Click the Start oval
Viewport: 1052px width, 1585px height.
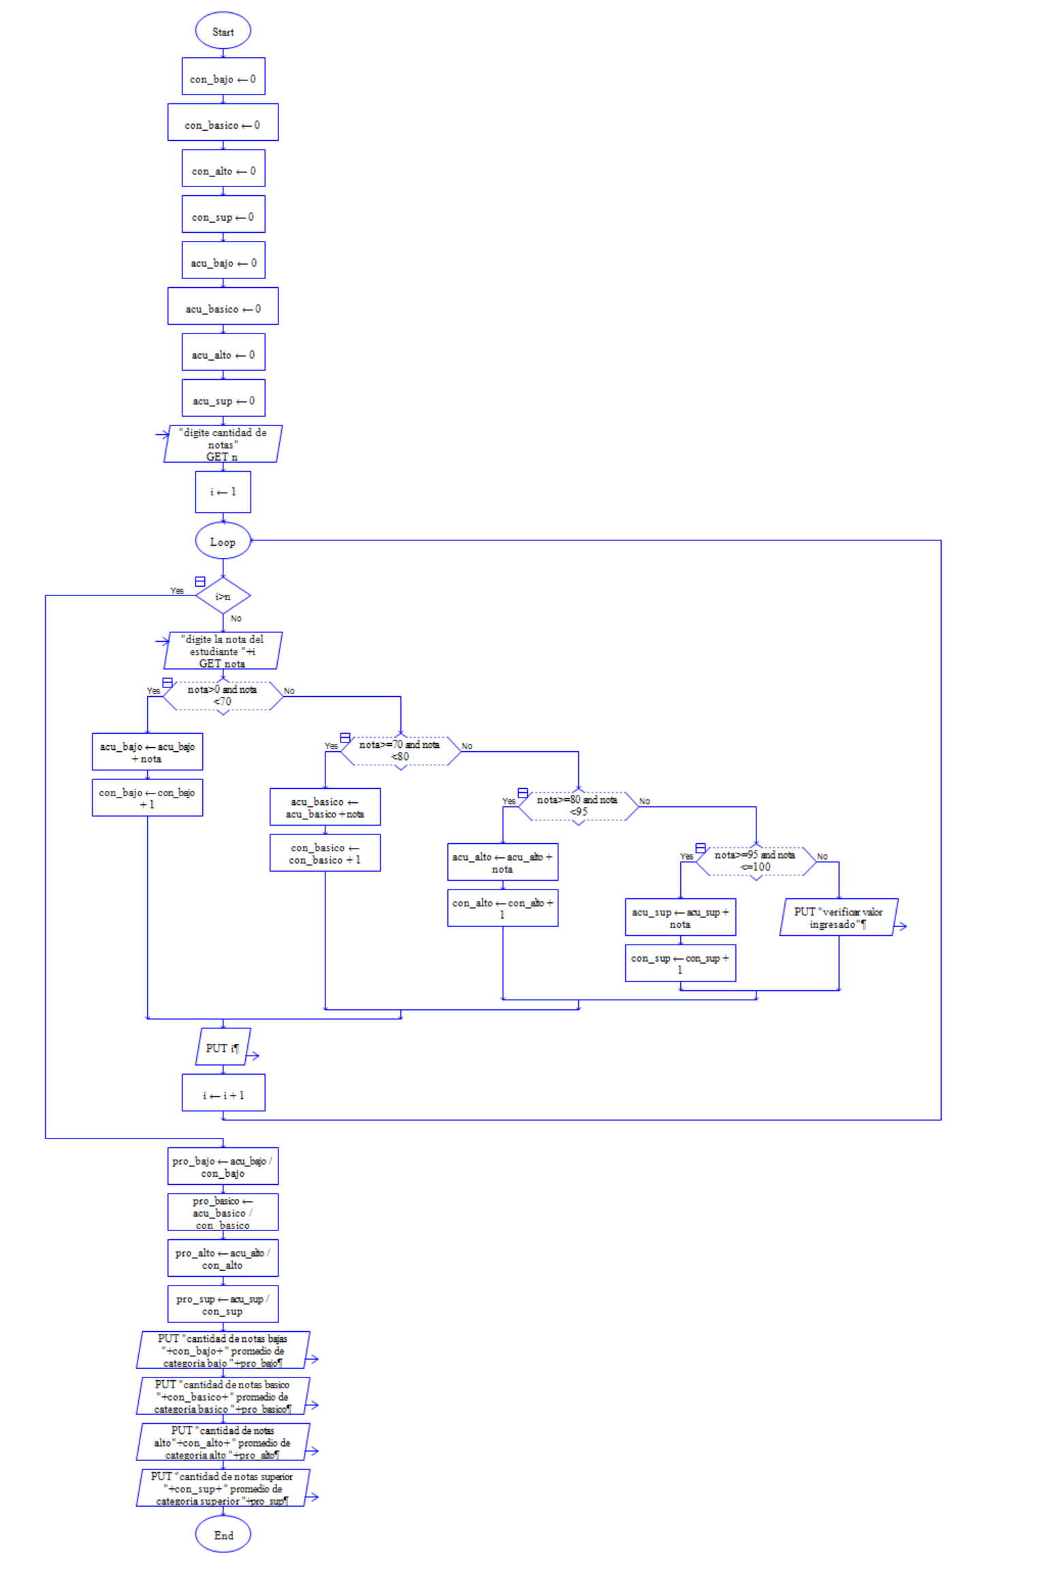223,31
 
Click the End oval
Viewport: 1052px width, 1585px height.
223,1535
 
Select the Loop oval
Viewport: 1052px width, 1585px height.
223,541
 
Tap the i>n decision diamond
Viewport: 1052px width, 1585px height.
223,596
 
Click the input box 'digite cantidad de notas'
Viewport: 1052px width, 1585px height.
223,444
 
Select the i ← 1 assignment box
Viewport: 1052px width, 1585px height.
223,491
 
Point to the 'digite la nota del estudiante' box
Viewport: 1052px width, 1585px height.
223,651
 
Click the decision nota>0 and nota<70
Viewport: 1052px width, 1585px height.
223,696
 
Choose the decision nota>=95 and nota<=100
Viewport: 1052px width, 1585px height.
755,861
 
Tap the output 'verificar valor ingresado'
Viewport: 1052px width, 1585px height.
838,917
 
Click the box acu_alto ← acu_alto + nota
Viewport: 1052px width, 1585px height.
503,862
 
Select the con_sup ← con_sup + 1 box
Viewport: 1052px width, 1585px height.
680,963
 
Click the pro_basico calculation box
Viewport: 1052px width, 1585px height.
223,1212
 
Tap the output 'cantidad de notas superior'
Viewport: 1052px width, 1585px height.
223,1488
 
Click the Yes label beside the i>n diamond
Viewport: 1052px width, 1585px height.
177,591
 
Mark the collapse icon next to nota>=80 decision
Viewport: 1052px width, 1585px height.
522,793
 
